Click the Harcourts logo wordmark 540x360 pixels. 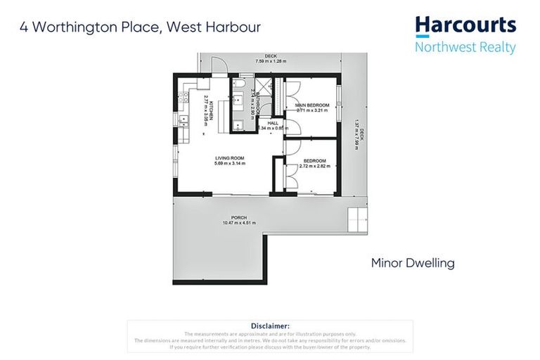tap(465, 27)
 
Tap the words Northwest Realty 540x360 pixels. tap(465, 48)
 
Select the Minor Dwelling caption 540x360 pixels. tap(413, 264)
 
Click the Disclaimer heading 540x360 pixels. tap(269, 326)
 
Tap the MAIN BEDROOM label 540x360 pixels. tap(313, 105)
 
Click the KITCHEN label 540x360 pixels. tap(211, 111)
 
